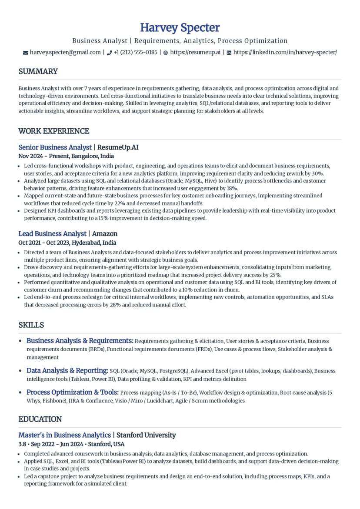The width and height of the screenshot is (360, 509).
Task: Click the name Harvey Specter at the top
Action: pyautogui.click(x=180, y=27)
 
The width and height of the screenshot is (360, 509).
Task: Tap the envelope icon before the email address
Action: pyautogui.click(x=25, y=53)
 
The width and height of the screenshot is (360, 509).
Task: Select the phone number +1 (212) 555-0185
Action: pyautogui.click(x=135, y=52)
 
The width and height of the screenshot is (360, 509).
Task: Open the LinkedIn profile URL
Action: pyautogui.click(x=285, y=52)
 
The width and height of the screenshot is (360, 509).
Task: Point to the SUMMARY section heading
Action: pyautogui.click(x=38, y=71)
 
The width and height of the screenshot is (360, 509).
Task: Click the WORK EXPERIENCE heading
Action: pyautogui.click(x=53, y=131)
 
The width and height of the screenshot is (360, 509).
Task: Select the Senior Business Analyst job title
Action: pyautogui.click(x=55, y=147)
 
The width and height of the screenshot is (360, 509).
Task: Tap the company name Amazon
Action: pyautogui.click(x=104, y=234)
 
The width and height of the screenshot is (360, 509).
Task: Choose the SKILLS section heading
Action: pyautogui.click(x=31, y=325)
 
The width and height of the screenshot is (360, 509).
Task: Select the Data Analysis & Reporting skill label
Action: pyautogui.click(x=67, y=370)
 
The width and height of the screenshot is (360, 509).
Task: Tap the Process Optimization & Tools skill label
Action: pyautogui.click(x=73, y=392)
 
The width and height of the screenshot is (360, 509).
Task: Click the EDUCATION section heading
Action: pyautogui.click(x=40, y=419)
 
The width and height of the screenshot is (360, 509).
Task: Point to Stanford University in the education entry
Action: pyautogui.click(x=146, y=435)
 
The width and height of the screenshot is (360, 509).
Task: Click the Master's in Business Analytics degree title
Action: pyautogui.click(x=64, y=435)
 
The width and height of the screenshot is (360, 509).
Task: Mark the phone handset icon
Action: pyautogui.click(x=109, y=53)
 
